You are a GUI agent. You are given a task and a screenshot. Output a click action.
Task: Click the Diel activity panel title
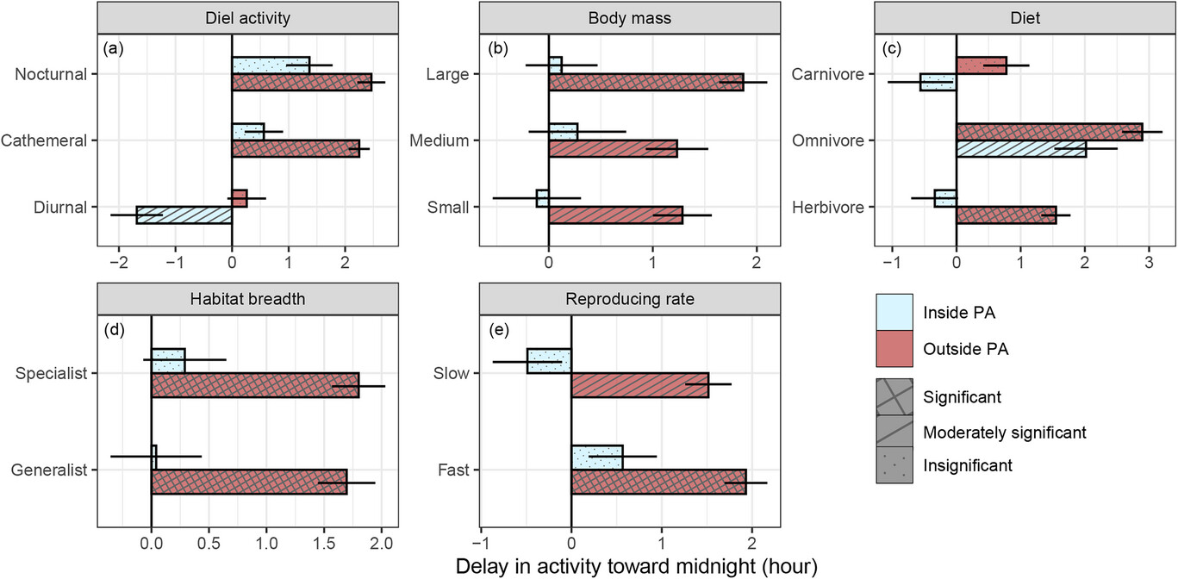click(x=247, y=18)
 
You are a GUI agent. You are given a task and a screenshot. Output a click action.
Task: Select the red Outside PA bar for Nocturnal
click(x=302, y=82)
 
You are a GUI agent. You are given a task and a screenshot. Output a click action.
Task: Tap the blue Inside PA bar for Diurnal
click(x=184, y=215)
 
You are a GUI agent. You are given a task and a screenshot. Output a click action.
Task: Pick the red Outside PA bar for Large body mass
click(x=646, y=82)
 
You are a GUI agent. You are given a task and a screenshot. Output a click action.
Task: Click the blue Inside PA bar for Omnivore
click(x=1021, y=149)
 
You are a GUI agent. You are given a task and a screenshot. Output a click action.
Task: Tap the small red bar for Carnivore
click(x=982, y=65)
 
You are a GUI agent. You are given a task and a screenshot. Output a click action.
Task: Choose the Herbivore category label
click(x=827, y=207)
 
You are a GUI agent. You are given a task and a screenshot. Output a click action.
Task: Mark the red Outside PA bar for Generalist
click(x=249, y=482)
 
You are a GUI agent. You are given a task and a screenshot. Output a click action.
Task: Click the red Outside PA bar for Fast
click(x=658, y=482)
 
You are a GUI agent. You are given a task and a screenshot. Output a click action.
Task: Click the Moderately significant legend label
click(x=1004, y=432)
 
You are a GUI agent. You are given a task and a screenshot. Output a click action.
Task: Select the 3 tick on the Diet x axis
click(x=1149, y=259)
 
